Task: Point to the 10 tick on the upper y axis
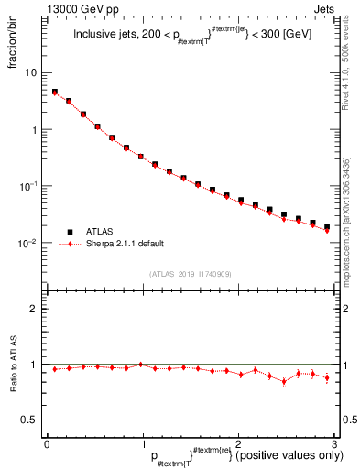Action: (x=29, y=72)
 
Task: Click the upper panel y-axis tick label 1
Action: (x=33, y=129)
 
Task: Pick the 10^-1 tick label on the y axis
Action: (x=28, y=186)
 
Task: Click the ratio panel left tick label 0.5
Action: (x=28, y=420)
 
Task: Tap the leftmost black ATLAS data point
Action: (x=54, y=93)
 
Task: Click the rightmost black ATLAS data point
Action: (x=327, y=226)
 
